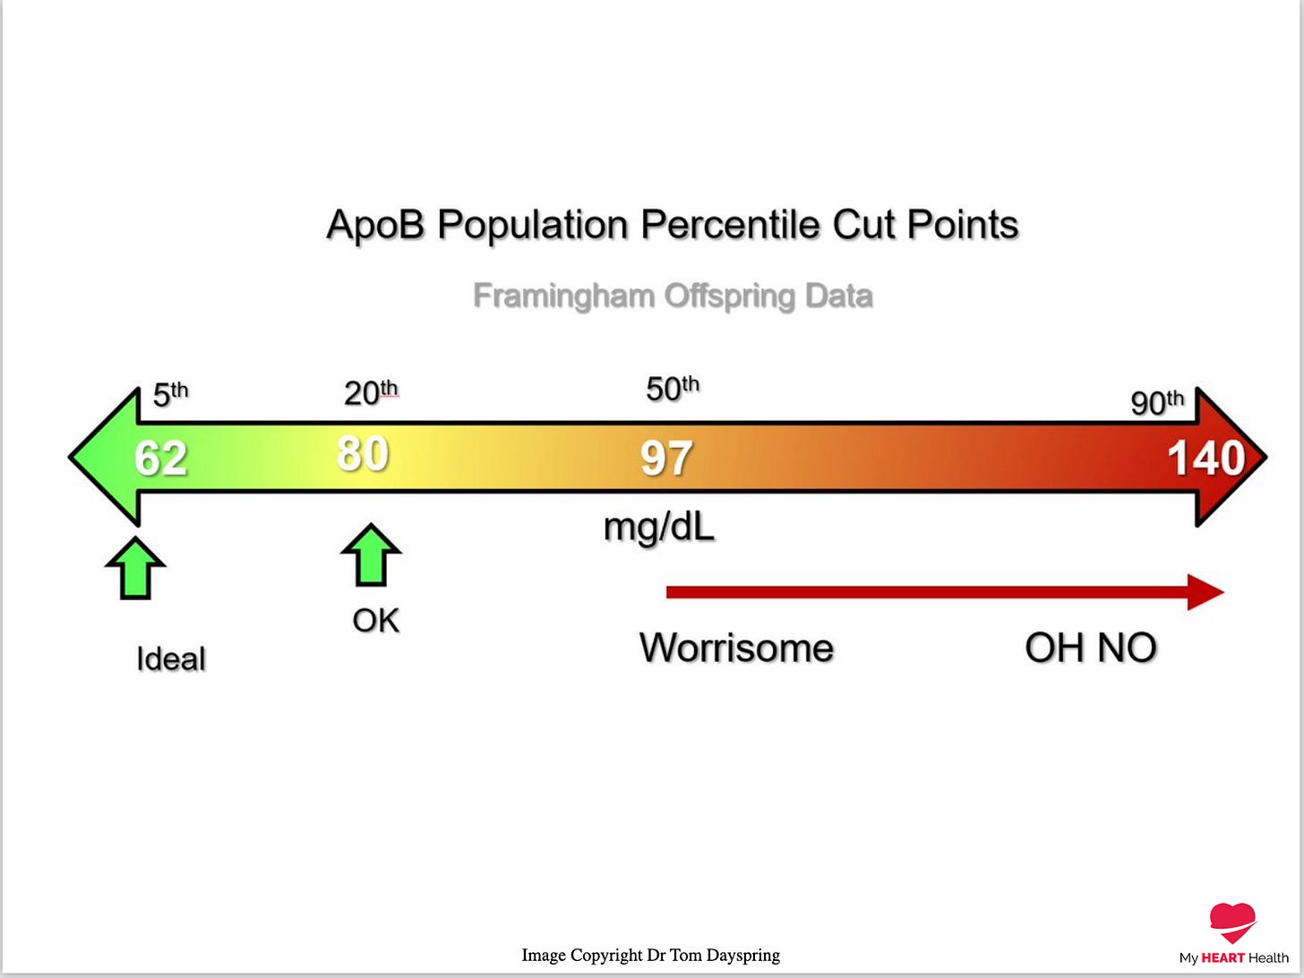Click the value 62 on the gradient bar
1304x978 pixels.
pyautogui.click(x=161, y=458)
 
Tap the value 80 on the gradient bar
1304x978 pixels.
pyautogui.click(x=363, y=453)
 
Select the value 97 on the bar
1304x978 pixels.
pyautogui.click(x=665, y=459)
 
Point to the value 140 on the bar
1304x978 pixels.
pyautogui.click(x=1205, y=459)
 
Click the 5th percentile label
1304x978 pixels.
pyautogui.click(x=170, y=394)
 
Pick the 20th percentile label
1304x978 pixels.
pyautogui.click(x=371, y=392)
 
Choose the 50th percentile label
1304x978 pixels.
pyautogui.click(x=673, y=389)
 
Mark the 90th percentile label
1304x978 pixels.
pyautogui.click(x=1157, y=402)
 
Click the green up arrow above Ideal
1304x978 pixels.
pyautogui.click(x=135, y=568)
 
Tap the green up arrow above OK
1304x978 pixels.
pyautogui.click(x=371, y=555)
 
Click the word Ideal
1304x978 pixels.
pyautogui.click(x=171, y=659)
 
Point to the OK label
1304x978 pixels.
pyautogui.click(x=375, y=620)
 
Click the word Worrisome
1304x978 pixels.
pyautogui.click(x=736, y=648)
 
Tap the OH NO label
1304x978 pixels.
pyautogui.click(x=1090, y=648)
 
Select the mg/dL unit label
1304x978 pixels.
pyautogui.click(x=659, y=528)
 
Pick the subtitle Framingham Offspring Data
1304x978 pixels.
pyautogui.click(x=673, y=296)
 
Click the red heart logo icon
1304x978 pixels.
pyautogui.click(x=1232, y=922)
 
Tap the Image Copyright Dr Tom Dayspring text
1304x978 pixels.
pyautogui.click(x=650, y=955)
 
